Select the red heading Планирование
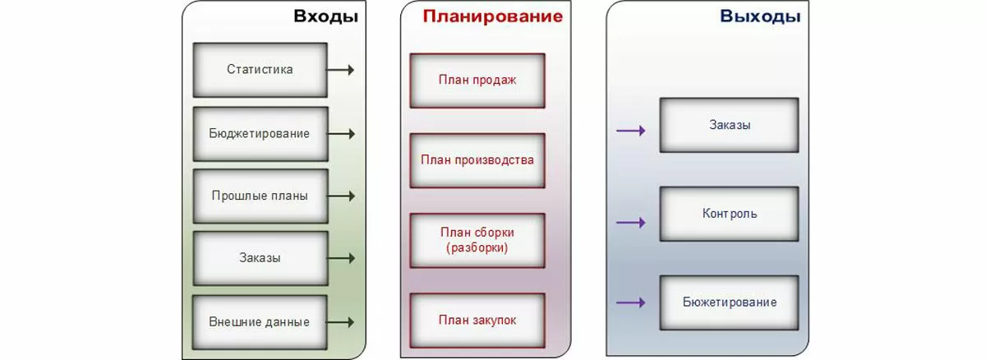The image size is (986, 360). click(493, 17)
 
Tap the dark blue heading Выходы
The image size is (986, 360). click(759, 17)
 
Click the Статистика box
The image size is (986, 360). click(260, 70)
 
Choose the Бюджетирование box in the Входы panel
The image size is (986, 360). click(260, 133)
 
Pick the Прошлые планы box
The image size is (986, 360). click(260, 196)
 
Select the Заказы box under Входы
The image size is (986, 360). click(260, 258)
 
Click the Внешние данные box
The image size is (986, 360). click(260, 321)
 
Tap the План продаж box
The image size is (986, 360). click(477, 81)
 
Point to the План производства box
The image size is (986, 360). click(477, 159)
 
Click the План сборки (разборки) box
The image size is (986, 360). click(477, 240)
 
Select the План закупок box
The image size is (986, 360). click(477, 321)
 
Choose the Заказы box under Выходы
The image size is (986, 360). click(729, 125)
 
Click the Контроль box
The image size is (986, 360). click(729, 214)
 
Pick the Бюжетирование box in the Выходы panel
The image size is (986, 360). click(729, 302)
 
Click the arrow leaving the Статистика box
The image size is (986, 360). click(341, 70)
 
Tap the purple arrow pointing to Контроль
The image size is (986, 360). click(630, 222)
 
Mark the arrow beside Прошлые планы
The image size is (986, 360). click(341, 196)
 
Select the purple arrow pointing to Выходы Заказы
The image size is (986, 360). click(630, 130)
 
